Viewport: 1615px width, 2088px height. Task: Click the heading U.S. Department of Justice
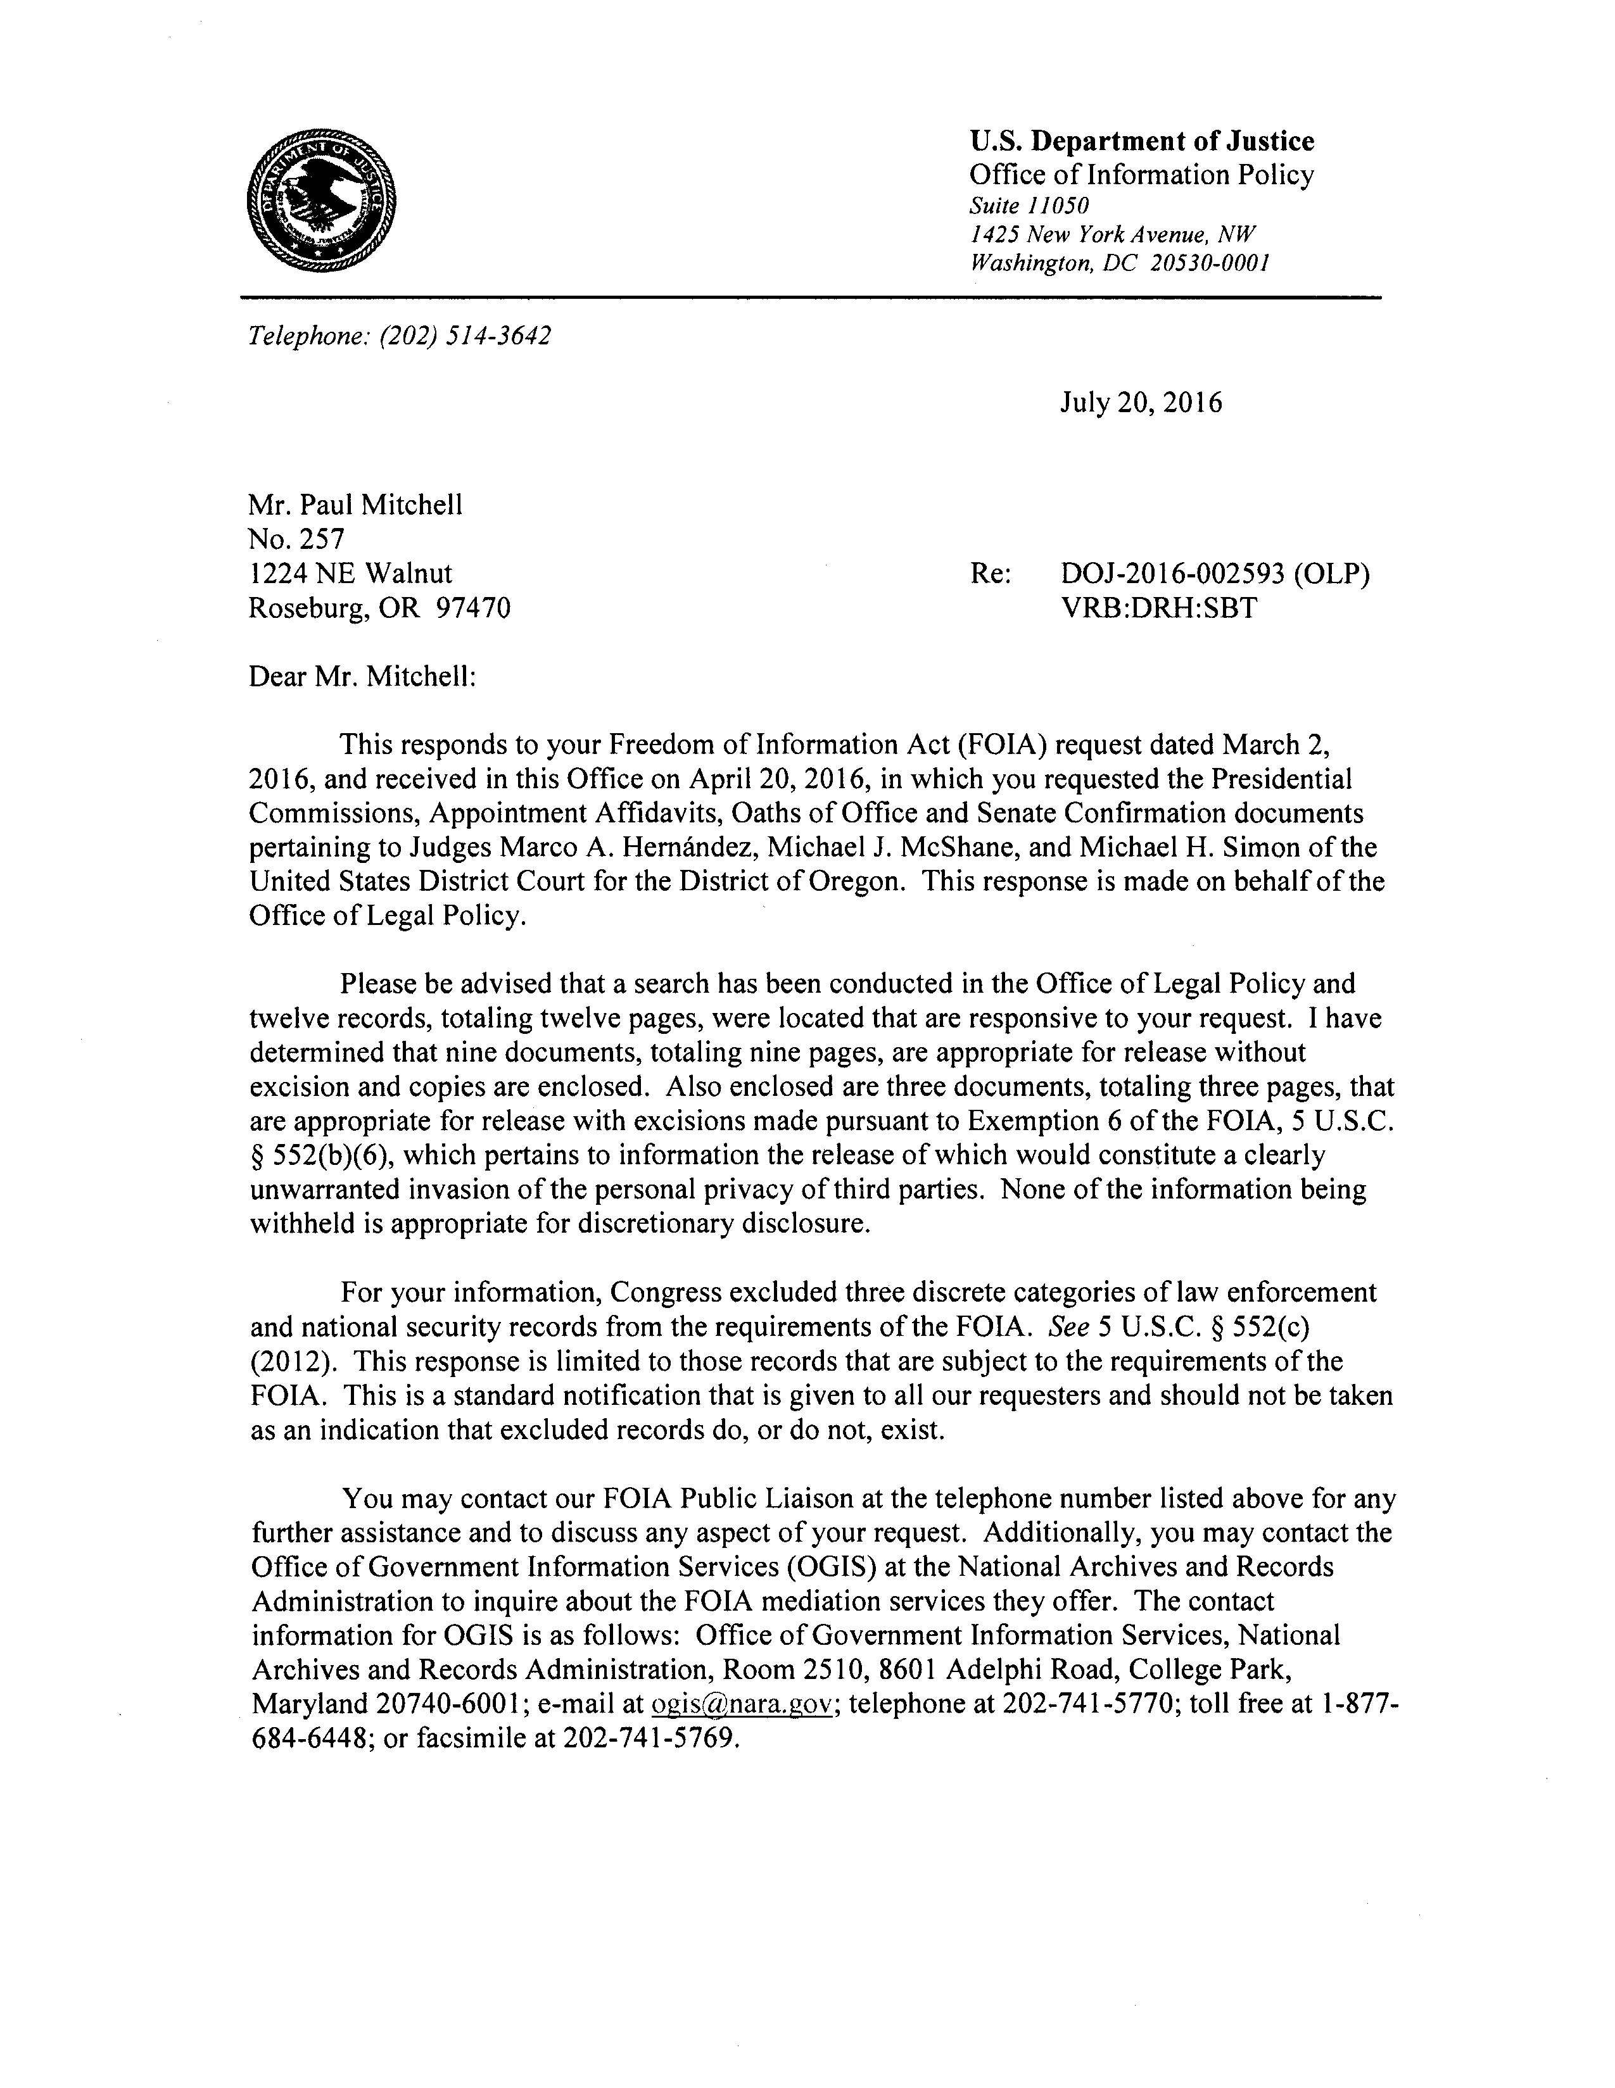pyautogui.click(x=1142, y=141)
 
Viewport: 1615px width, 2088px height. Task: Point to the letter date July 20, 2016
pyautogui.click(x=1140, y=403)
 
